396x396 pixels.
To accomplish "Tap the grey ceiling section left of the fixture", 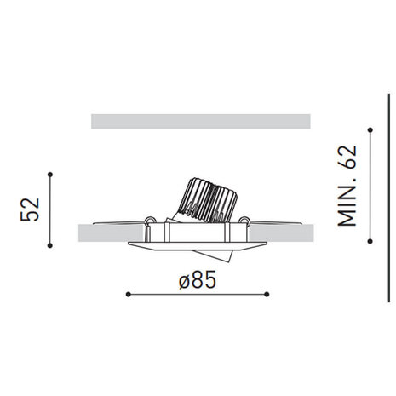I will click(x=111, y=232).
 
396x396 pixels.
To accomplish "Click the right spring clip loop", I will click(x=245, y=223).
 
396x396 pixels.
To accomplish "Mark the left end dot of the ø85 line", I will click(x=127, y=294).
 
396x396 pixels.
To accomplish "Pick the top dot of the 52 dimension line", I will click(x=52, y=175).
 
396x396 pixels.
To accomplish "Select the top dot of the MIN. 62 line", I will click(x=370, y=129).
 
